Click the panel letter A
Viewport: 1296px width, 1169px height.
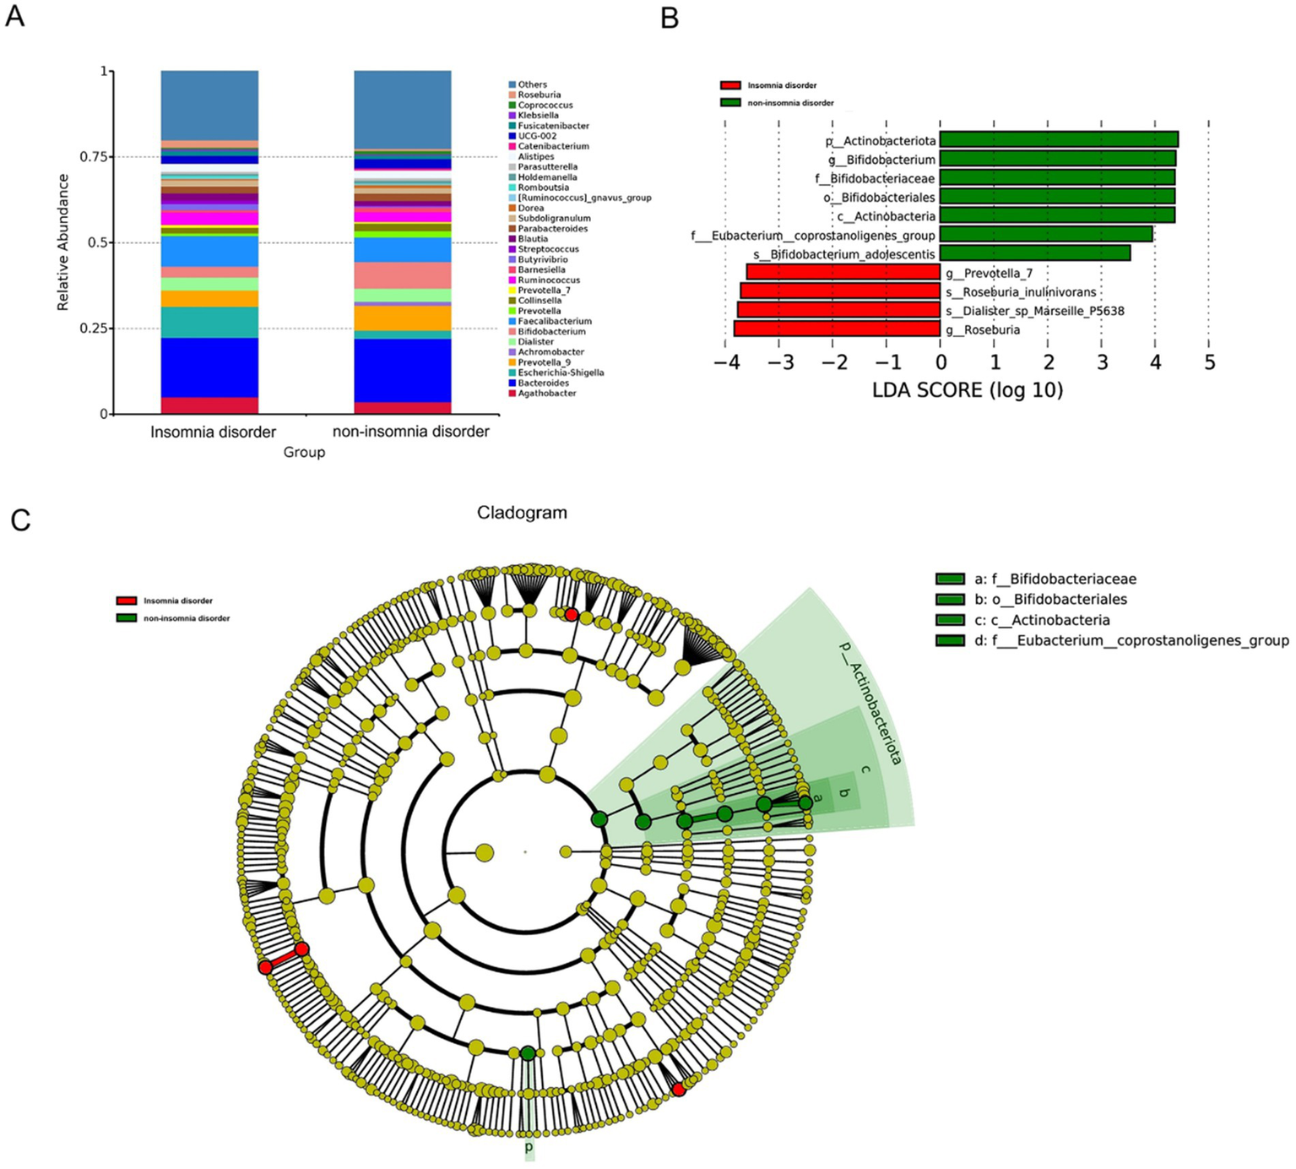14,15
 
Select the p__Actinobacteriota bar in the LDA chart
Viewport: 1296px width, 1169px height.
1059,140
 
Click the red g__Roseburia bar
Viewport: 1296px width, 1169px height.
837,329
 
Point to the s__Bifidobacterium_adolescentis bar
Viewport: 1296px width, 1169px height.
1035,253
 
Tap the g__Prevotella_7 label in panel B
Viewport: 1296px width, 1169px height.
989,274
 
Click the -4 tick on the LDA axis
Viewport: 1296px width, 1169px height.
724,363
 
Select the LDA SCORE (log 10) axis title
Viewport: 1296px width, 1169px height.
968,390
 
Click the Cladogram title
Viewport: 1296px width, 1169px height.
522,513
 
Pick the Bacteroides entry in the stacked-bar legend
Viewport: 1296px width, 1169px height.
543,383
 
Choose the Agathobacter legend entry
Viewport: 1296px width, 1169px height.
546,394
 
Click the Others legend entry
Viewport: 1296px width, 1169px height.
532,84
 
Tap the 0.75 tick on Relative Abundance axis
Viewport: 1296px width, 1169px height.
94,157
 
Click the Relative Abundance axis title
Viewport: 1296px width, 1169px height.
63,242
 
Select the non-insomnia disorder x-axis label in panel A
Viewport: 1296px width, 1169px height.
410,432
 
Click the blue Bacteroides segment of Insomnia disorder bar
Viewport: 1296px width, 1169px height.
209,367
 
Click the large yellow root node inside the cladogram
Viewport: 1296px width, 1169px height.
485,852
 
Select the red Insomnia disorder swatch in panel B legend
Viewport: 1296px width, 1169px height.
730,85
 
